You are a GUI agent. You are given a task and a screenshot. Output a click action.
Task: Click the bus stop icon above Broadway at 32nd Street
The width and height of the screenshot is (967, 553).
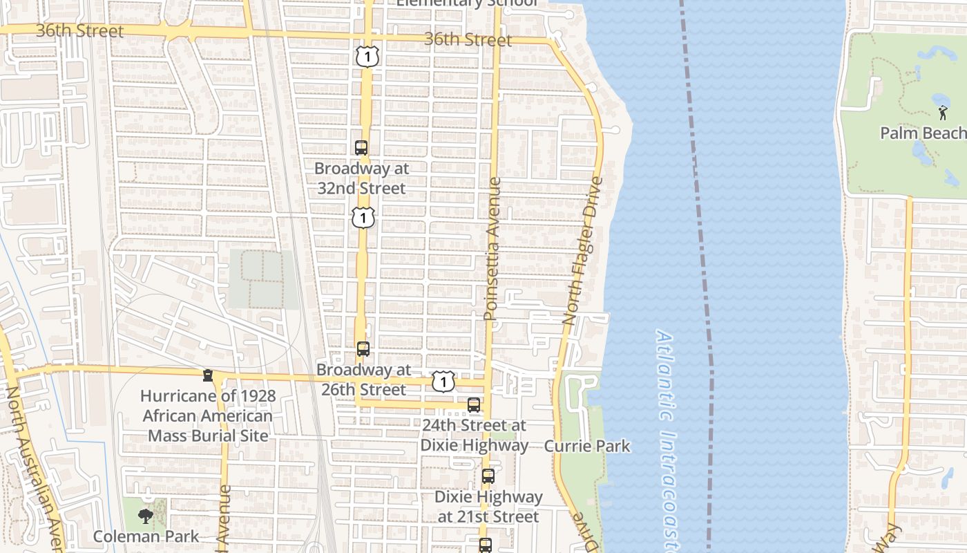pyautogui.click(x=361, y=147)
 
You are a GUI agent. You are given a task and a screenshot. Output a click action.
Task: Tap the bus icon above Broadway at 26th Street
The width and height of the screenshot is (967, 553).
pyautogui.click(x=363, y=349)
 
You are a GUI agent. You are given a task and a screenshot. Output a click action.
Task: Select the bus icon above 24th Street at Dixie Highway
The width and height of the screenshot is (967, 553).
pyautogui.click(x=474, y=405)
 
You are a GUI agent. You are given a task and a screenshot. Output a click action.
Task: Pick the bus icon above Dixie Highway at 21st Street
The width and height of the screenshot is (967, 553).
pyautogui.click(x=488, y=476)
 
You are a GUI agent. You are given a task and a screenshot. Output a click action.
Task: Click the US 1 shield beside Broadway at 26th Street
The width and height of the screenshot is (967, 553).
pyautogui.click(x=443, y=381)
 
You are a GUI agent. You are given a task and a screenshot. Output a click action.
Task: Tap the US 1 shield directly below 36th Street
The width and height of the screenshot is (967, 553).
pyautogui.click(x=367, y=56)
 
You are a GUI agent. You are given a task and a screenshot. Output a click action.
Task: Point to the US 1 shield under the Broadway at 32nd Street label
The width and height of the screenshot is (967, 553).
pyautogui.click(x=363, y=218)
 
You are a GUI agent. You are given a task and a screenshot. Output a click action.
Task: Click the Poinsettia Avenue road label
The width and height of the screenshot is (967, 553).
pyautogui.click(x=491, y=249)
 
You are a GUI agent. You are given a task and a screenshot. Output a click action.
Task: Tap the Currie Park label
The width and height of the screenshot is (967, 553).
pyautogui.click(x=587, y=446)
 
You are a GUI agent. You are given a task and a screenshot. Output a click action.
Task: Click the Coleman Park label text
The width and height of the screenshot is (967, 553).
pyautogui.click(x=146, y=536)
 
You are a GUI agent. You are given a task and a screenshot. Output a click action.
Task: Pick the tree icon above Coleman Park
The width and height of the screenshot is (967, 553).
pyautogui.click(x=145, y=516)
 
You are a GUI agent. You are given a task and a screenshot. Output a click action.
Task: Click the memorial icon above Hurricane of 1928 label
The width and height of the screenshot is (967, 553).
pyautogui.click(x=207, y=375)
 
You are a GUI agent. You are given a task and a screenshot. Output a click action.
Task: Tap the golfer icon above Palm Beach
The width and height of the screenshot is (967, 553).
pyautogui.click(x=943, y=112)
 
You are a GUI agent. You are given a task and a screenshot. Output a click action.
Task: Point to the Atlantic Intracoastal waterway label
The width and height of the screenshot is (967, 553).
pyautogui.click(x=667, y=435)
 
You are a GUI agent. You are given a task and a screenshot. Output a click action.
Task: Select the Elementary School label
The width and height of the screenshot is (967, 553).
pyautogui.click(x=467, y=3)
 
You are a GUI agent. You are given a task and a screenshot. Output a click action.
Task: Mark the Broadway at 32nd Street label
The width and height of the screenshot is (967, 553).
pyautogui.click(x=361, y=178)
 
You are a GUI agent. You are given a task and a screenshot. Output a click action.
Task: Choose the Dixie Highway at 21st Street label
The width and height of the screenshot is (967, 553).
pyautogui.click(x=488, y=507)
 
